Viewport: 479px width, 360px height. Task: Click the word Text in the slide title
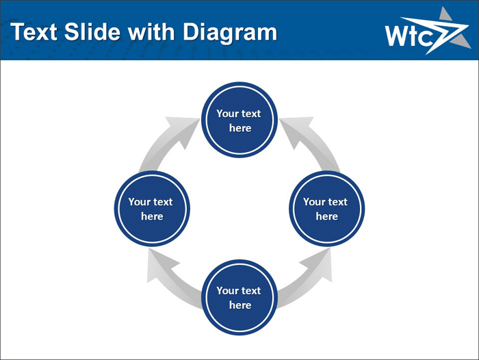pos(34,31)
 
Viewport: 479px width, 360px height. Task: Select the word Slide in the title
pos(92,31)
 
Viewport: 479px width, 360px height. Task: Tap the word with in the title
pos(151,31)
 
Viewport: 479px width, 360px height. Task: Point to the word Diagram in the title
pos(230,33)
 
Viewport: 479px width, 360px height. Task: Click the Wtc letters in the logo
pos(409,36)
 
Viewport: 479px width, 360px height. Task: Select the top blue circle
pos(239,120)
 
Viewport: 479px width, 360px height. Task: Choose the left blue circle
pos(152,209)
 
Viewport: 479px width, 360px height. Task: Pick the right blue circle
pos(327,209)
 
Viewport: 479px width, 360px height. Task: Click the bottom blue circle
pos(239,297)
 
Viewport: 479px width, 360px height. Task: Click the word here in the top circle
pos(240,128)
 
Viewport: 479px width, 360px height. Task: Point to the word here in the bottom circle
pos(240,305)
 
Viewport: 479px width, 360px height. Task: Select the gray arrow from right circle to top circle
pos(309,140)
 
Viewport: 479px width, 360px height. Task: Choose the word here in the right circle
pos(327,216)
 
